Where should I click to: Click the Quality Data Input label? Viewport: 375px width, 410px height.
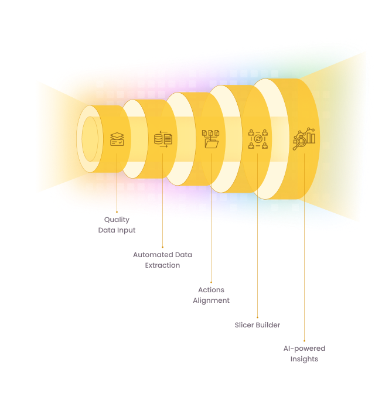[117, 225]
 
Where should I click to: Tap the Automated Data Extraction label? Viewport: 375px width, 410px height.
[162, 260]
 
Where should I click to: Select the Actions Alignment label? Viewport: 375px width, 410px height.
[211, 295]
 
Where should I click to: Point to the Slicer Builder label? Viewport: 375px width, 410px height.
[257, 324]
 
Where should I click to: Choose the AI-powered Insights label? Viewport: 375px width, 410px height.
[304, 354]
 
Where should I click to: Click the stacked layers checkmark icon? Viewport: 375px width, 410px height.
[117, 139]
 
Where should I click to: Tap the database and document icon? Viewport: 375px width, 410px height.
[163, 139]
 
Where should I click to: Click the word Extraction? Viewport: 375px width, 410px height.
[162, 265]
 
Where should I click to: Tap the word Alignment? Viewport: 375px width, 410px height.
[211, 300]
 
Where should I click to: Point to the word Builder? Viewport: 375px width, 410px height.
[268, 324]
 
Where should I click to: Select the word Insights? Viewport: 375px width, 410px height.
[304, 359]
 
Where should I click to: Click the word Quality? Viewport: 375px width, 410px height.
[117, 220]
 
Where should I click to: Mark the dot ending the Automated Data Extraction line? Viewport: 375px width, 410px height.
[162, 247]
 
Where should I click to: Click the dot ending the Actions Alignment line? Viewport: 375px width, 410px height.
[211, 282]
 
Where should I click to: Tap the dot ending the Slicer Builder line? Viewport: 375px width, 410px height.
[257, 317]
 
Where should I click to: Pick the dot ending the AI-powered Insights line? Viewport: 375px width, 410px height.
[304, 340]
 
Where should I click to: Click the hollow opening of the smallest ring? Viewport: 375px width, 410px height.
[90, 139]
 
